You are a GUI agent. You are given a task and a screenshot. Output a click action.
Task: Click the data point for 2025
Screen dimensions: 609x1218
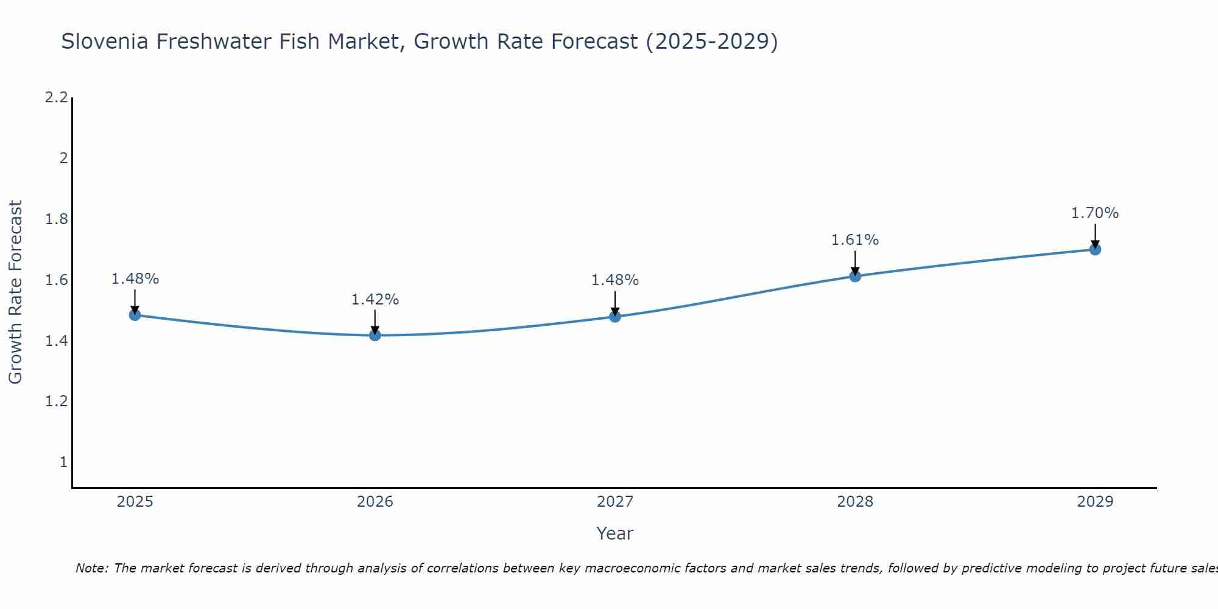[135, 315]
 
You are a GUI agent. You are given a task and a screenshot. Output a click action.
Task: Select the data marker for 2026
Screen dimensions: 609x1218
[375, 335]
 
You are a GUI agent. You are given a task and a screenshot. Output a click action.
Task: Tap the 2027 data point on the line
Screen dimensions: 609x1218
[615, 317]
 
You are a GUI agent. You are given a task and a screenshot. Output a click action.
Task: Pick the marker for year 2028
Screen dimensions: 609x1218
[855, 276]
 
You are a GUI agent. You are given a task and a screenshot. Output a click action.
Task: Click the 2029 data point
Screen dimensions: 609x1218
[1095, 249]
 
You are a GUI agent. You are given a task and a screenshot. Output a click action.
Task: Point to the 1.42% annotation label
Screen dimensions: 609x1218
[375, 300]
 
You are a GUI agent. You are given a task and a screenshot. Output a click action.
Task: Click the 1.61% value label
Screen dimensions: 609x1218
[855, 240]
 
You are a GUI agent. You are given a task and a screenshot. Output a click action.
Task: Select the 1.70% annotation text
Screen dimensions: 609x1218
[1095, 213]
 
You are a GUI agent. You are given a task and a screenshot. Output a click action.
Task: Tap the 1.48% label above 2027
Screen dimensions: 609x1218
[615, 280]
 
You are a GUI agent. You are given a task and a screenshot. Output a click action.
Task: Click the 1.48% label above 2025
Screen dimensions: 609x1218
[135, 279]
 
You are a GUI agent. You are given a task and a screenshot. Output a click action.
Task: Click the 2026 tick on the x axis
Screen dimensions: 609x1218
[375, 502]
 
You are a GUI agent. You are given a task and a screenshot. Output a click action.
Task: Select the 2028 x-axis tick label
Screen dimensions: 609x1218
[855, 502]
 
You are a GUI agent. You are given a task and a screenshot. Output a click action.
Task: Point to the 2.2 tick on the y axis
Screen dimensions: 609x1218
[57, 97]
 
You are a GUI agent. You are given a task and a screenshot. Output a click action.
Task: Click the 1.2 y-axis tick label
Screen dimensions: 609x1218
[57, 401]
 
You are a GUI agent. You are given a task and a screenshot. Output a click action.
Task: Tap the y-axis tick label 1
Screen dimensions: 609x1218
[63, 462]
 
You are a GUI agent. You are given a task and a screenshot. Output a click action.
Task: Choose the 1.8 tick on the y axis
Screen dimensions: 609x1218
[57, 219]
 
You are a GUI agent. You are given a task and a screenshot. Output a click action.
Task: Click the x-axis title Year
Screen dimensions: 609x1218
[615, 533]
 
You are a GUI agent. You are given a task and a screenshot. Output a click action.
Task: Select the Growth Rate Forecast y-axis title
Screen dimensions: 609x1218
[15, 292]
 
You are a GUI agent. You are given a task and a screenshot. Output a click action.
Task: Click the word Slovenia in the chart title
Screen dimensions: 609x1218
[105, 41]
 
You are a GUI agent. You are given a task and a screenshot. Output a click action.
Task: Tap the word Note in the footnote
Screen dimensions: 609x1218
[91, 568]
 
